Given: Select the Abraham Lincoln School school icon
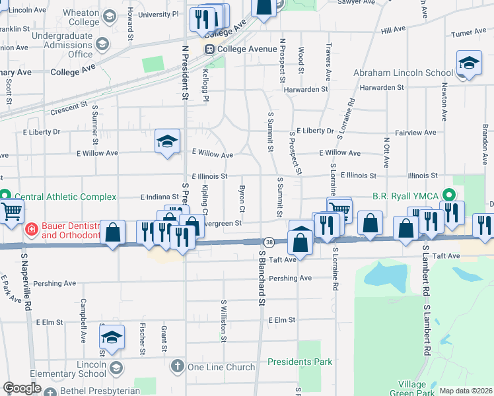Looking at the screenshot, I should [469, 64].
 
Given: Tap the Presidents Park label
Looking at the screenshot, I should [300, 362].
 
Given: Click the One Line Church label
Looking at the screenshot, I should [221, 367].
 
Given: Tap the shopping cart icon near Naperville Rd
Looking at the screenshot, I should [11, 212].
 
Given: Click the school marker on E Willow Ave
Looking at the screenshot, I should [167, 141].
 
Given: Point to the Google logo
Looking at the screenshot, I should [22, 388].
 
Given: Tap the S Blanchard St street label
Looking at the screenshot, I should [262, 278].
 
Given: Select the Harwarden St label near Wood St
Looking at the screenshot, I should [306, 89].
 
